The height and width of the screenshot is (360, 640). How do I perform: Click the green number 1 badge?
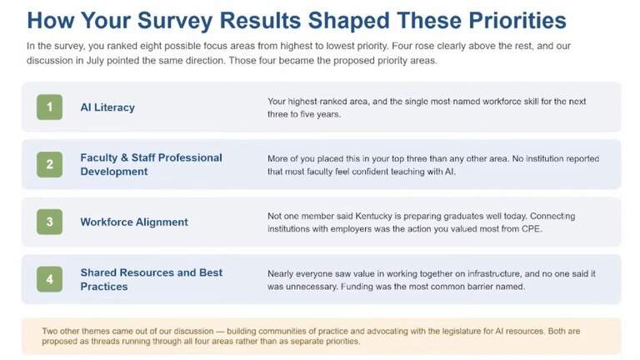click(49, 107)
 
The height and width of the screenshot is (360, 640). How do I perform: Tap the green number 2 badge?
click(49, 164)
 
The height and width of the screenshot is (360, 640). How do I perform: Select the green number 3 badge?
click(49, 222)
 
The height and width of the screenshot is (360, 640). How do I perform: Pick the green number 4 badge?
click(49, 279)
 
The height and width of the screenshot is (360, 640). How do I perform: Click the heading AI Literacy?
click(107, 107)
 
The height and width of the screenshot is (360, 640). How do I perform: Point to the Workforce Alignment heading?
click(134, 222)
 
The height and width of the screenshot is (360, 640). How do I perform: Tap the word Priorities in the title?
click(517, 20)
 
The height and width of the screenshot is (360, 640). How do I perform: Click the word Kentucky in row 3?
click(373, 216)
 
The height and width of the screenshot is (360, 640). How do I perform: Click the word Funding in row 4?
click(357, 287)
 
